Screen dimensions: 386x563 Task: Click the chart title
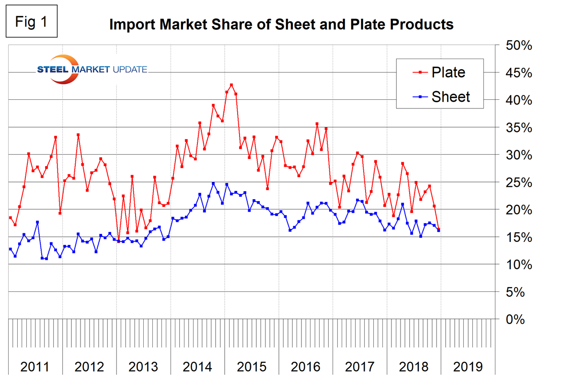(x=281, y=24)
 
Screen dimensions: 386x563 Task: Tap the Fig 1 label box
(x=32, y=22)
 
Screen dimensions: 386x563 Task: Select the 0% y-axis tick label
(x=516, y=320)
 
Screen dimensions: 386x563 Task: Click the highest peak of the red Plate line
(x=231, y=85)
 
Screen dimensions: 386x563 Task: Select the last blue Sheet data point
(x=438, y=230)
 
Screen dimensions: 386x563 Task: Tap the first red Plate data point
(x=11, y=217)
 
